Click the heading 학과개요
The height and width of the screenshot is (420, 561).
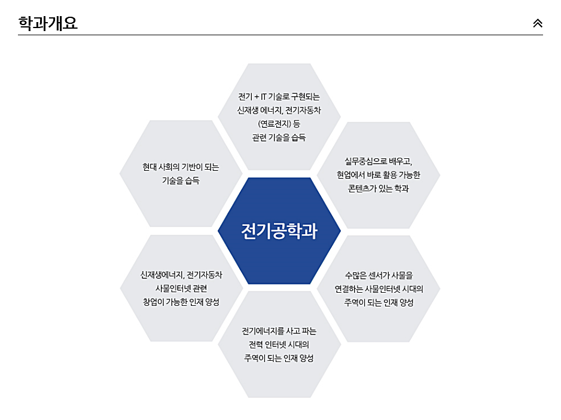pyautogui.click(x=48, y=23)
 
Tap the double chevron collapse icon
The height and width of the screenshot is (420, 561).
pyautogui.click(x=537, y=23)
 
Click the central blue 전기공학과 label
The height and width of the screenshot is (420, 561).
pyautogui.click(x=279, y=231)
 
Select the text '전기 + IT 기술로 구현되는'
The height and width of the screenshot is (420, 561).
pyautogui.click(x=279, y=97)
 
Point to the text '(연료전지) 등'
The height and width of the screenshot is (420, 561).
pyautogui.click(x=279, y=124)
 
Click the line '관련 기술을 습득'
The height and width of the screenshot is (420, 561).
pyautogui.click(x=279, y=137)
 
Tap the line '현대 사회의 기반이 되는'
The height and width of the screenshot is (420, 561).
pyautogui.click(x=181, y=167)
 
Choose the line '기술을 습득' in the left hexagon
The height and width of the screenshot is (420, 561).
pyautogui.click(x=181, y=181)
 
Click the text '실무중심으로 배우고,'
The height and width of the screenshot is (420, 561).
pyautogui.click(x=378, y=161)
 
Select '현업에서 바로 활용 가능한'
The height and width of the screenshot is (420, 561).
pyautogui.click(x=378, y=174)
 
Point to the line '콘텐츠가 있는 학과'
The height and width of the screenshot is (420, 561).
pyautogui.click(x=378, y=188)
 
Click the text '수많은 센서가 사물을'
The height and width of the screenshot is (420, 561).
pyautogui.click(x=379, y=275)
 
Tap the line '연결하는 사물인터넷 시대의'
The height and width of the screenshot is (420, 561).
pyautogui.click(x=379, y=289)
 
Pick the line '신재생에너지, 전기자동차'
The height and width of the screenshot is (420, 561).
pyautogui.click(x=181, y=275)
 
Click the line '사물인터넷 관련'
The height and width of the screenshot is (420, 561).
pyautogui.click(x=181, y=289)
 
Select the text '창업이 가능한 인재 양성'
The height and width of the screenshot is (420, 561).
pyautogui.click(x=181, y=302)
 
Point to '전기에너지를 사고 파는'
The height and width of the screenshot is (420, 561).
pyautogui.click(x=279, y=331)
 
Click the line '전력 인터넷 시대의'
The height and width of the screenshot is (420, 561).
pyautogui.click(x=279, y=345)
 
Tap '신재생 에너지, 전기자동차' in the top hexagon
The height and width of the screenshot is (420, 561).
pyautogui.click(x=279, y=111)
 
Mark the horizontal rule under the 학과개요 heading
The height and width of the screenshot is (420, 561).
pyautogui.click(x=280, y=35)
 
